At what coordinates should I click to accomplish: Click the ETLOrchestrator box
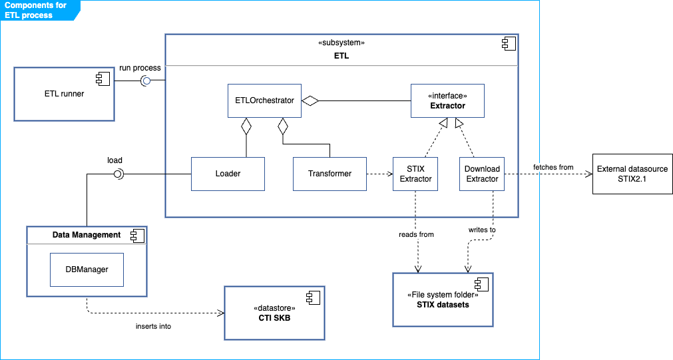[264, 101]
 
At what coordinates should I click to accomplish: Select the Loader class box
[228, 174]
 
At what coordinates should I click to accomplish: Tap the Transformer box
[330, 174]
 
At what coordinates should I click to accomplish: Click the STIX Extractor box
[415, 174]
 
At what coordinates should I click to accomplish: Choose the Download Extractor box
[482, 174]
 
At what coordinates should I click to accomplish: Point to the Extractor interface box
[447, 101]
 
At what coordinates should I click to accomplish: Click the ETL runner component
[64, 94]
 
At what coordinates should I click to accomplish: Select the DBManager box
[87, 270]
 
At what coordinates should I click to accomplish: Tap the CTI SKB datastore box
[274, 313]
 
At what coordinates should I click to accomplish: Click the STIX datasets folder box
[443, 299]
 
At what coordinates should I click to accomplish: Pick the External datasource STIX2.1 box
[632, 174]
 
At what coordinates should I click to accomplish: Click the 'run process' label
[139, 68]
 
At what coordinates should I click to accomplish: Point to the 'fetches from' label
[553, 167]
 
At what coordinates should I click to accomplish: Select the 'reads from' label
[416, 234]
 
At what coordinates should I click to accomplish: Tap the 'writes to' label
[482, 230]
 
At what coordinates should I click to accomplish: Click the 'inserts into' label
[153, 326]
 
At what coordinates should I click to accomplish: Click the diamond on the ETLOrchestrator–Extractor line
[310, 101]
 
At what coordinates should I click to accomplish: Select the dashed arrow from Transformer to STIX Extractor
[379, 174]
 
